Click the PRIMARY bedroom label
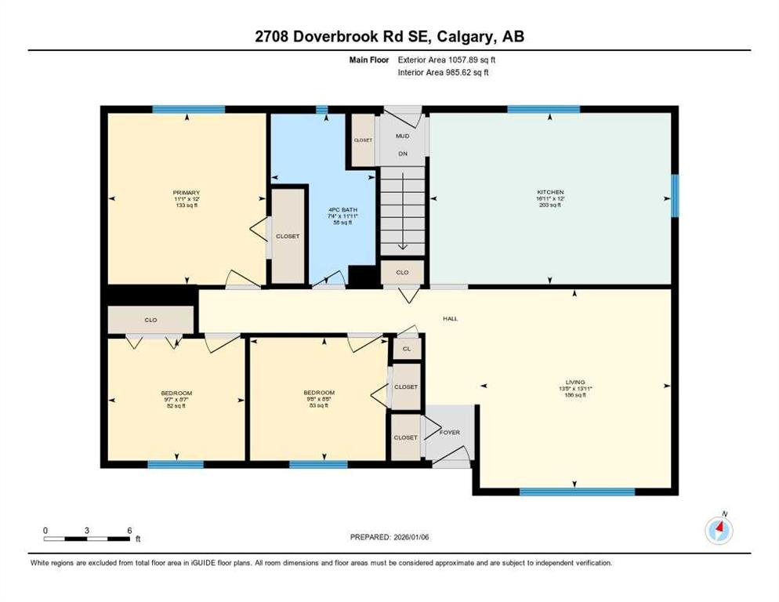click(187, 193)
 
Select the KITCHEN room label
click(550, 193)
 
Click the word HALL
click(450, 319)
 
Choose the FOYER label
click(449, 433)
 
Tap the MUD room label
click(402, 136)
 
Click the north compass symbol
click(718, 531)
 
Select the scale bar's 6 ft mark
click(129, 531)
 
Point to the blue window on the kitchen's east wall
click(675, 195)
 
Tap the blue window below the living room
click(577, 492)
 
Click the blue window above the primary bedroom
click(188, 110)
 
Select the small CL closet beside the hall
click(406, 349)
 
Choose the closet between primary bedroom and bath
click(288, 236)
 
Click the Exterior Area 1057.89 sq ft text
click(446, 59)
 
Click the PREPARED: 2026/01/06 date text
click(391, 537)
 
